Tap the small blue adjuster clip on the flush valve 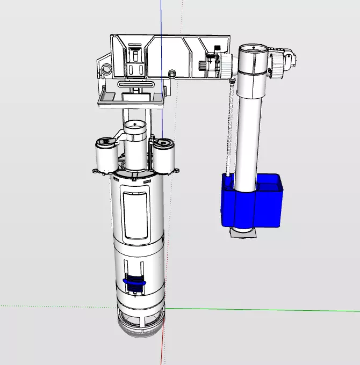[134, 280]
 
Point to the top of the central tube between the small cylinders [135, 126]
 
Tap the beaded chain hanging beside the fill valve [229, 129]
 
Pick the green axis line [269, 310]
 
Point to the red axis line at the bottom [163, 349]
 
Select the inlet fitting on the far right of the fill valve [291, 59]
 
